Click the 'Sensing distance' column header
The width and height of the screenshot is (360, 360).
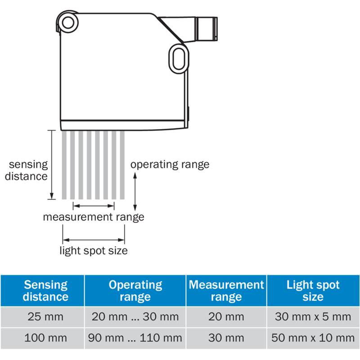45,290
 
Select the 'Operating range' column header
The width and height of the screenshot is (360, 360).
135,290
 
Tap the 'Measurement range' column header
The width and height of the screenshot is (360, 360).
226,290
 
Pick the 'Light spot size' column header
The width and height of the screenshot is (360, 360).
313,290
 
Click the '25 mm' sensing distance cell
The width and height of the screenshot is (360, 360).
45,317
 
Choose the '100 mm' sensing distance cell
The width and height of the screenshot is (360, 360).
45,338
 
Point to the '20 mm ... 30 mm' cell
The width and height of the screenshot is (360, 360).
135,317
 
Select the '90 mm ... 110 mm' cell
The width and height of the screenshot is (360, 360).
135,338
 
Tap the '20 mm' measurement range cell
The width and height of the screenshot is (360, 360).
226,317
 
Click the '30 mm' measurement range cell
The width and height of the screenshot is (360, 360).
226,338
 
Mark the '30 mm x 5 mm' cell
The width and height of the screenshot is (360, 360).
313,317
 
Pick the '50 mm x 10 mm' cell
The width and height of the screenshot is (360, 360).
313,338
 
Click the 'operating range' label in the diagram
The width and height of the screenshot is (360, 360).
170,165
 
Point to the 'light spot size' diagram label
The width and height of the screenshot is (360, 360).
94,251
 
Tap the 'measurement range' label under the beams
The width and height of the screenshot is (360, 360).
94,217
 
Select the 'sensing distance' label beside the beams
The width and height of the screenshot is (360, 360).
26,171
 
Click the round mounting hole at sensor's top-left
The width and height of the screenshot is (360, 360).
68,23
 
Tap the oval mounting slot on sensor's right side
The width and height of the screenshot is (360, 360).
179,59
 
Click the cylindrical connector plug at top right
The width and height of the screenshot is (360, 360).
206,29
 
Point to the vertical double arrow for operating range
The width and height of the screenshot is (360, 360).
135,192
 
